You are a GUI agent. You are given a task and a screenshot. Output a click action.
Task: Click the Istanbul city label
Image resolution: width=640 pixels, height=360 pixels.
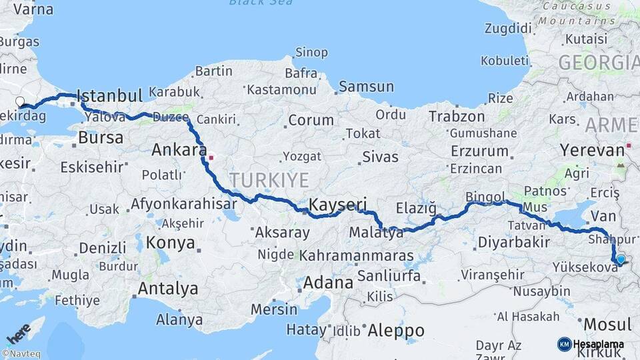point(110,95)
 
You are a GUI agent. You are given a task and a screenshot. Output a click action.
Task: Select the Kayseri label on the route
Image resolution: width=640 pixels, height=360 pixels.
point(338,204)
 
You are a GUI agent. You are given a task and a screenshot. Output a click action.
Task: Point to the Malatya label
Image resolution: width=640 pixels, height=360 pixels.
point(377,233)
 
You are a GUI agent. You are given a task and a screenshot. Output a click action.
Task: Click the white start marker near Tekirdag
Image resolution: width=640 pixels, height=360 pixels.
point(20,102)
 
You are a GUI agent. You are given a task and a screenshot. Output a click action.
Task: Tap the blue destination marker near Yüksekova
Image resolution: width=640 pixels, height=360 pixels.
point(621,259)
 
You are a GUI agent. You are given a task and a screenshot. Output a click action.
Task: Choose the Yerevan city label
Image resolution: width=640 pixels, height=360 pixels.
point(589,149)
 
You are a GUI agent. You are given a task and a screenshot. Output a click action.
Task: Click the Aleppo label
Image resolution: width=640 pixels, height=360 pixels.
point(396,330)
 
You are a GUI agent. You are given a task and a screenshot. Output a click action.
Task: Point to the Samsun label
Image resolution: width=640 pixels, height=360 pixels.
point(366,87)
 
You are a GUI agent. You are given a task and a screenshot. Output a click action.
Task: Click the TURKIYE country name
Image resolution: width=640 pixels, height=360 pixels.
point(269,179)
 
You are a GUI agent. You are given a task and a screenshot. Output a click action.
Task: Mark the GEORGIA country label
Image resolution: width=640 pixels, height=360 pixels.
point(598,63)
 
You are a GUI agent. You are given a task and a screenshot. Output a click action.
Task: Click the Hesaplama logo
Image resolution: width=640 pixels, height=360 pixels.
point(590,344)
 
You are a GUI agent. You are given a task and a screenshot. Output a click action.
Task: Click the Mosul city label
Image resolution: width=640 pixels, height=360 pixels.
point(607,325)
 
